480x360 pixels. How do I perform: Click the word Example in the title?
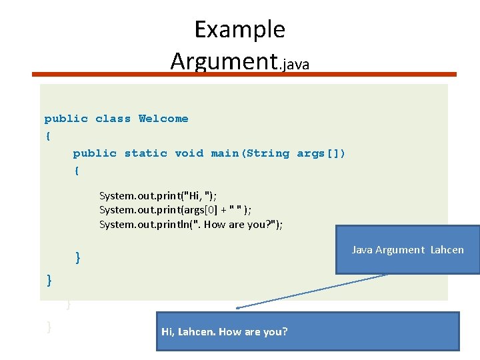coord(239,30)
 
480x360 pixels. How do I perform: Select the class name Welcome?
coord(163,119)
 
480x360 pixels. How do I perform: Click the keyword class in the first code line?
coord(113,119)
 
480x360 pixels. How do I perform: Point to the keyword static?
coord(145,153)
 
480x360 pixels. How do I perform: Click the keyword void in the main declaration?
coord(189,153)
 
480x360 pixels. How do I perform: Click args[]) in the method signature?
coord(321,153)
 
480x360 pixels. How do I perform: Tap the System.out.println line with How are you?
coord(191,225)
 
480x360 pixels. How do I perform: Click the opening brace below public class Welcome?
coord(47,136)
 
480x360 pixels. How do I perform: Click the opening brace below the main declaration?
coord(77,171)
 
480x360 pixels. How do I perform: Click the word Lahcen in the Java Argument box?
coord(447,250)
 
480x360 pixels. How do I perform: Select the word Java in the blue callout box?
coord(362,250)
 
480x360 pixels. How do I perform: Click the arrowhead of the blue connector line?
coord(238,307)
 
